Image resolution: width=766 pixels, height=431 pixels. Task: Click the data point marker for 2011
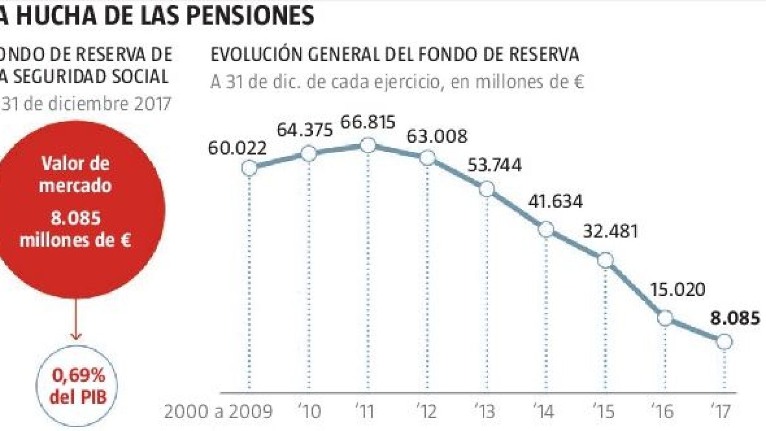368,145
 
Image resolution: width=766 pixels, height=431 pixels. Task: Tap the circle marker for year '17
724,341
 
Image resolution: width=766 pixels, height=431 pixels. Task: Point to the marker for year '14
546,229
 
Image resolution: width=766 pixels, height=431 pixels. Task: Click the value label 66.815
368,122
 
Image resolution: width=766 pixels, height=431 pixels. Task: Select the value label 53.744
494,165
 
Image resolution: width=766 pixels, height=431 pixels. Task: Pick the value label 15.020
677,290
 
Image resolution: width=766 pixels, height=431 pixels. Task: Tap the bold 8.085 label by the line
735,318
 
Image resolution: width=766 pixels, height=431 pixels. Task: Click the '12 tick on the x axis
426,411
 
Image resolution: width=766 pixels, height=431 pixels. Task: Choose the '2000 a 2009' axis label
218,411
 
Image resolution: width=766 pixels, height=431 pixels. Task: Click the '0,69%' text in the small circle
78,376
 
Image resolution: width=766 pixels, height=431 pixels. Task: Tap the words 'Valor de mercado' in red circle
75,174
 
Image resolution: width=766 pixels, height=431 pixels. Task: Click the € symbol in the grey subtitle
578,82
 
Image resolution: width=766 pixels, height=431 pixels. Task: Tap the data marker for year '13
487,189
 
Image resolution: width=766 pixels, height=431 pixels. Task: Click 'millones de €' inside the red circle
75,240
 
